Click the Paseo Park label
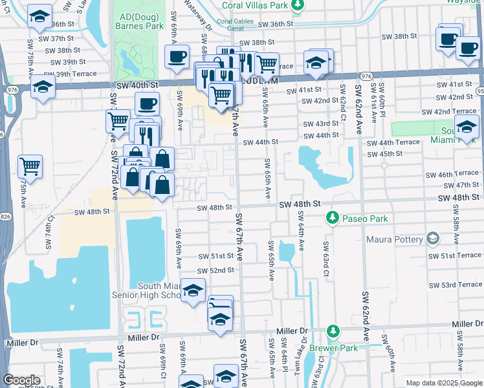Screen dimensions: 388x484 tap(366, 219)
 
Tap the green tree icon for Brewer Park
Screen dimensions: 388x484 tap(333, 331)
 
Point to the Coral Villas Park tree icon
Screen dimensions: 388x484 tap(297, 6)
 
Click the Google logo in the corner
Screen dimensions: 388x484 tap(21, 380)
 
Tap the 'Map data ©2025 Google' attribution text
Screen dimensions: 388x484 tap(443, 383)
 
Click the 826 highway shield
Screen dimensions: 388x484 tap(5, 217)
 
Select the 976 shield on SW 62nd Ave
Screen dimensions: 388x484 tap(366, 76)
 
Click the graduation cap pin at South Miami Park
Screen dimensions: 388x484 tap(466, 127)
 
